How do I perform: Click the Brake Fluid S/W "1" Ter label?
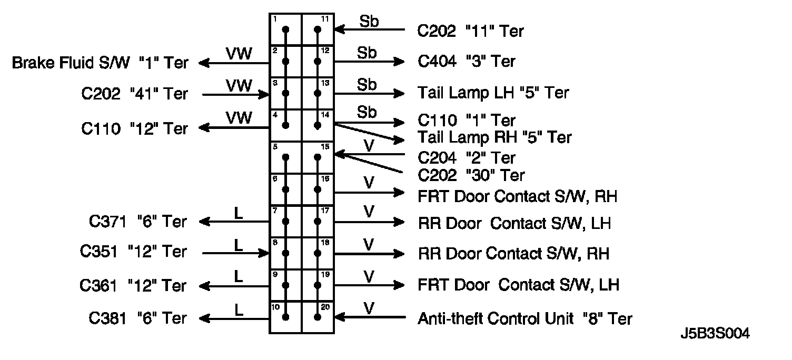pos(100,63)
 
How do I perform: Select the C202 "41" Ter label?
pos(134,94)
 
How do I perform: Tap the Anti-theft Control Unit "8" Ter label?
pos(524,318)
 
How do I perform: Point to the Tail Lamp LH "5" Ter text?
pos(493,93)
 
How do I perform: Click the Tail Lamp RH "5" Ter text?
pos(494,137)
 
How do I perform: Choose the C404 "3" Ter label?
pos(467,62)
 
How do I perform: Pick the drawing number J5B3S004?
pos(714,334)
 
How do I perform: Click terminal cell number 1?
pos(285,29)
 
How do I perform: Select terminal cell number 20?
pos(318,317)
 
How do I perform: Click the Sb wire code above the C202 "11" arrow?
pos(369,22)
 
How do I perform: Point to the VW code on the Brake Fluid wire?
pos(239,53)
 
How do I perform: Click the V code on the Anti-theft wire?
pos(369,308)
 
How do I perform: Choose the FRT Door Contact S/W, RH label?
pos(517,196)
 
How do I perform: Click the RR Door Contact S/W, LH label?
pos(514,223)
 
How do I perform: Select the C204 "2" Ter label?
pos(467,157)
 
